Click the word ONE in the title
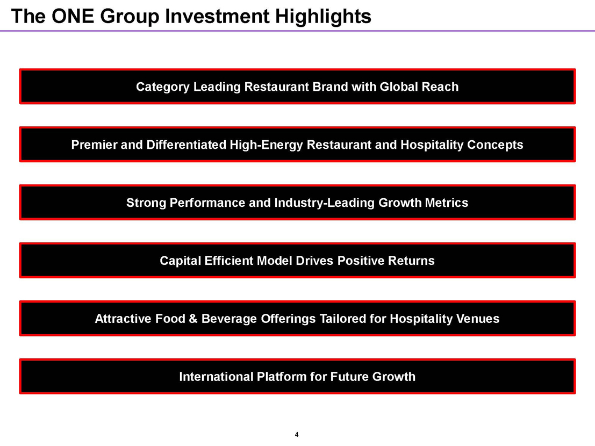click(73, 16)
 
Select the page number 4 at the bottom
click(297, 435)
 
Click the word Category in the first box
click(163, 87)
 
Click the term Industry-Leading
click(325, 203)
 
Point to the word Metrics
click(446, 203)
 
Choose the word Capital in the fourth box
click(180, 261)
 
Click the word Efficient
click(229, 261)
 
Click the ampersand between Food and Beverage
click(193, 319)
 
